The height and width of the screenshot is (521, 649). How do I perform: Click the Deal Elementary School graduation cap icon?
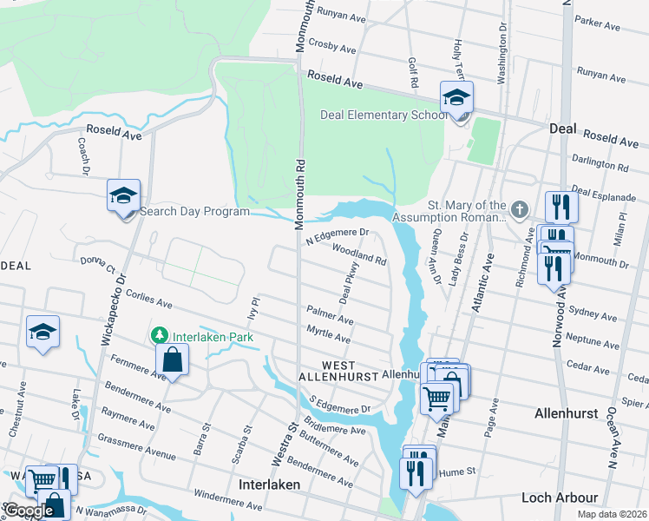coord(456,99)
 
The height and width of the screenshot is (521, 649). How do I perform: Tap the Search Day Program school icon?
coord(124,195)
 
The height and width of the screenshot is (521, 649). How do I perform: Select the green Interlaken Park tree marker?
coord(159,334)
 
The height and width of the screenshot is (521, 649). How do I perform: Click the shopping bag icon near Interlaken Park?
coord(173,360)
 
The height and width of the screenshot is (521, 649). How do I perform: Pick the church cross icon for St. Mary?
coord(519,208)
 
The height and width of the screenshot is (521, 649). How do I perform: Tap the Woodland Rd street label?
coord(358,253)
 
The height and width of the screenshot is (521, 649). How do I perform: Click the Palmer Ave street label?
coord(329,314)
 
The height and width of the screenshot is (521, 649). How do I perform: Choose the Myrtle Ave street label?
coord(329,333)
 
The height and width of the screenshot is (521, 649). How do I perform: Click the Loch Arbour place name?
coord(560,498)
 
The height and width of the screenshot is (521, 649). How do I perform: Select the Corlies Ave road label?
coord(147,300)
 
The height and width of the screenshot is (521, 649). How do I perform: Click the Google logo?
coord(29,511)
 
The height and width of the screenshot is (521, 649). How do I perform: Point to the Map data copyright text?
coord(612,514)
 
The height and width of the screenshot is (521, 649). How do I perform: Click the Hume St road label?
coord(461,471)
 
